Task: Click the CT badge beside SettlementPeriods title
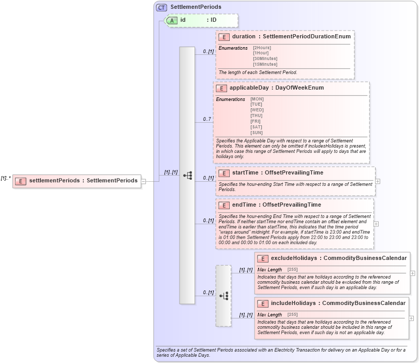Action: click(161, 7)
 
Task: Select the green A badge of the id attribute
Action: click(172, 20)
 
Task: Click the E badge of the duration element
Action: click(224, 37)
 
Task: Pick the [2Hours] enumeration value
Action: click(261, 48)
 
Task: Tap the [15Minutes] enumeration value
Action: click(265, 64)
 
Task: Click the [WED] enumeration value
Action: click(257, 110)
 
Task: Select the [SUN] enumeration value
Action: click(257, 133)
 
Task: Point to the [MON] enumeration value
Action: click(257, 98)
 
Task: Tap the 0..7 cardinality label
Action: click(207, 119)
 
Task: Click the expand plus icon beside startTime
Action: click(378, 181)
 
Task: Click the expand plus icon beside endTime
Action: click(376, 224)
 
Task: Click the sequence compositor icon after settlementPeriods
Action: click(187, 176)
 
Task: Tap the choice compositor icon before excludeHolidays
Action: click(223, 296)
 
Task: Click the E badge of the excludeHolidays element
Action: click(263, 258)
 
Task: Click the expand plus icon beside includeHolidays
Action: click(412, 317)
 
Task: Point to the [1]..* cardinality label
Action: click(6, 178)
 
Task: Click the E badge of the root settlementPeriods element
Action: click(21, 181)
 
